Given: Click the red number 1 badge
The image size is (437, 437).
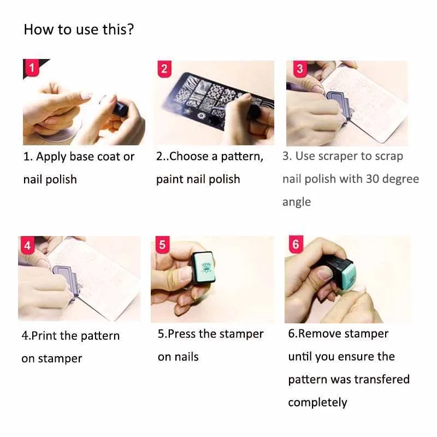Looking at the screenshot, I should point(32,68).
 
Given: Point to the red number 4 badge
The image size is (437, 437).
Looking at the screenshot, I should point(28,245).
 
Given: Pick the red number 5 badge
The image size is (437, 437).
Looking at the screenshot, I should point(162,245).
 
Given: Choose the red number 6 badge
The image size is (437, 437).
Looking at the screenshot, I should point(296,244).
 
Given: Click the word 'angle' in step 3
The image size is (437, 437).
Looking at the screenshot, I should point(297,202).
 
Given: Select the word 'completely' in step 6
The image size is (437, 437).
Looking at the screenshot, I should point(317,403).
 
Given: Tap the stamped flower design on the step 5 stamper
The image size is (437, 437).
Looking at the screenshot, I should point(206,267).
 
